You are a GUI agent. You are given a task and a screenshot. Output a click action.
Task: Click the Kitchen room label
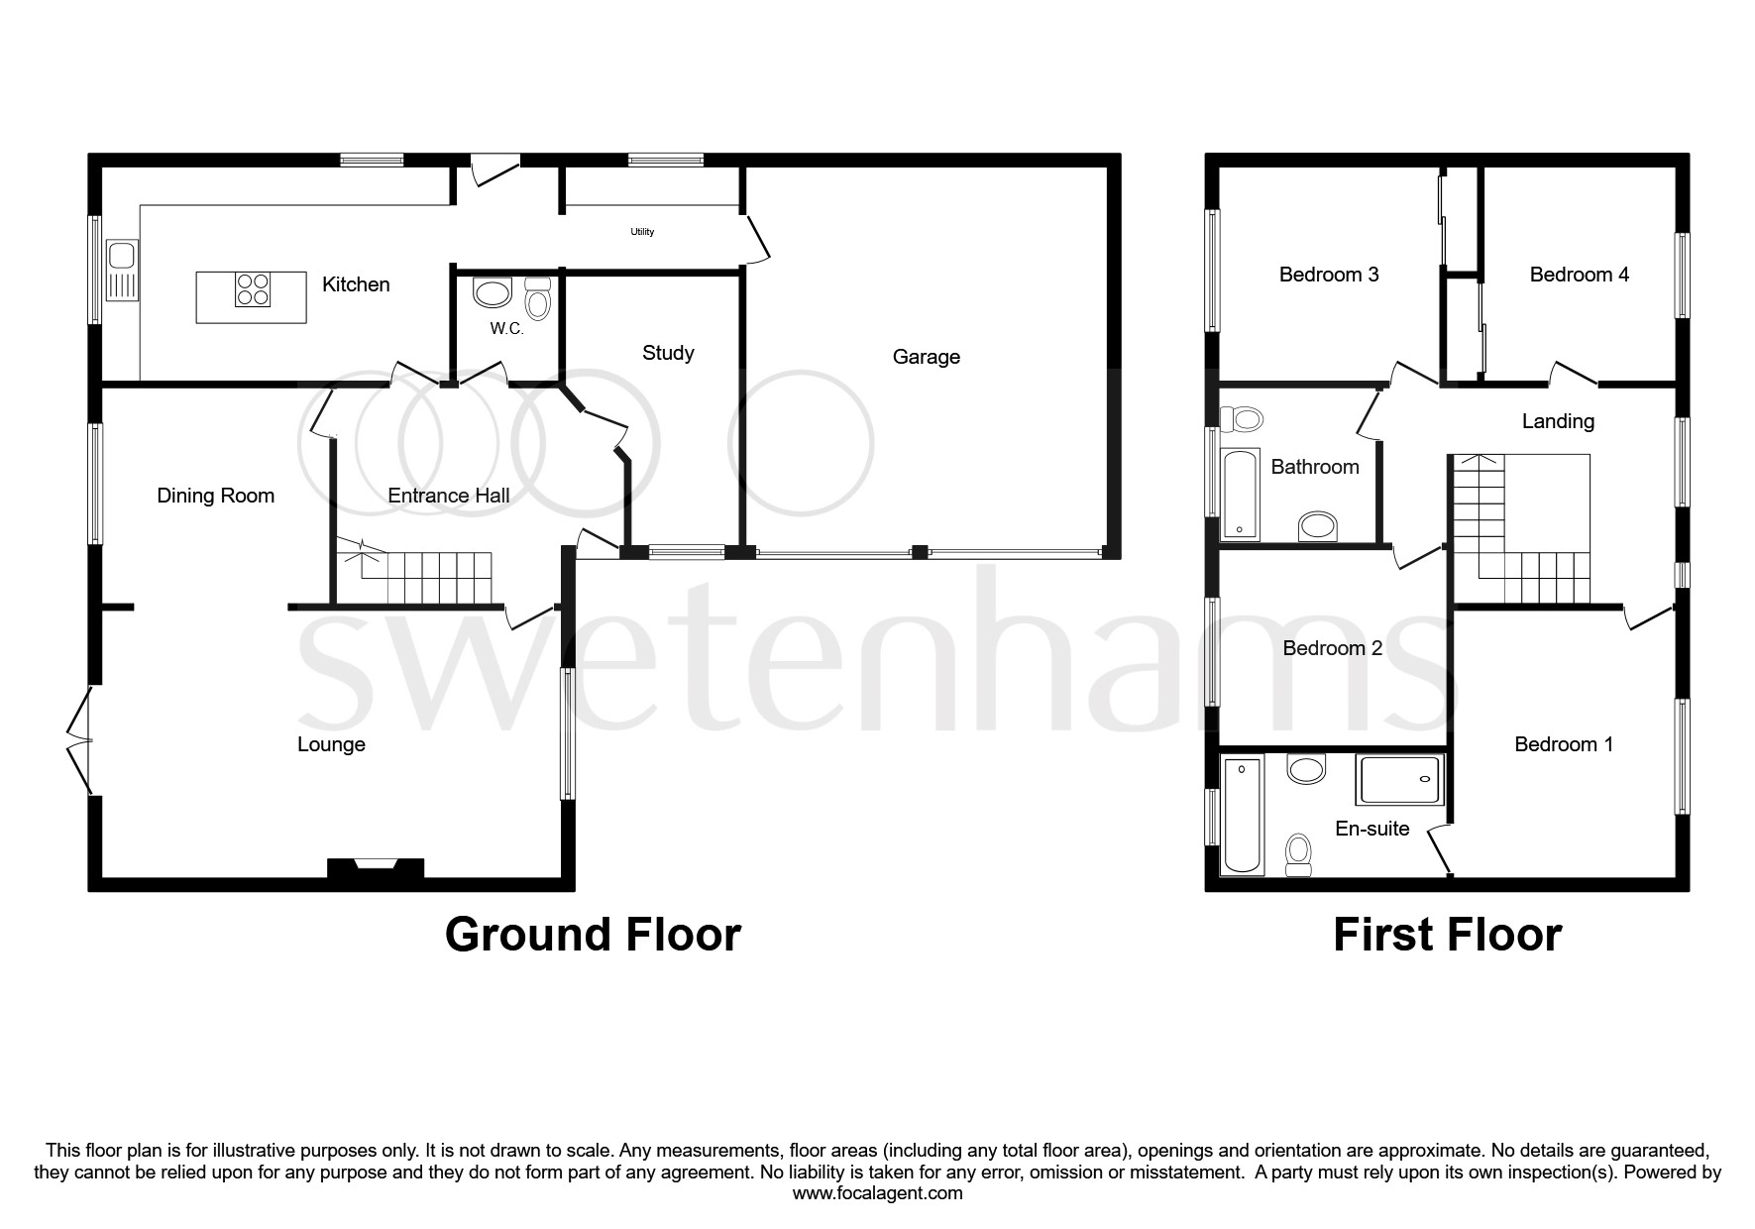[356, 284]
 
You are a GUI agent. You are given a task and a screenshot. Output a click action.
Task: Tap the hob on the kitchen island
[252, 288]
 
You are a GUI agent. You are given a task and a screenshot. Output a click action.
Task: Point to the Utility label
[642, 232]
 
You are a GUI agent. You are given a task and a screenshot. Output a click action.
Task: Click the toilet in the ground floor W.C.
[537, 297]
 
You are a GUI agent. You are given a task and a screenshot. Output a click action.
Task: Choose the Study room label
[667, 353]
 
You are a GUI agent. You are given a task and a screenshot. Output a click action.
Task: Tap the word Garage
[926, 357]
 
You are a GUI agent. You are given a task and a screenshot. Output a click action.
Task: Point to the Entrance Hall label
[448, 496]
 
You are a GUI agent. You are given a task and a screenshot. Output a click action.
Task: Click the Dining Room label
[215, 496]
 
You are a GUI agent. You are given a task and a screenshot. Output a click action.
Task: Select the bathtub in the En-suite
[1243, 816]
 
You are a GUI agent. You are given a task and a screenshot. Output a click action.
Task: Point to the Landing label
[1557, 421]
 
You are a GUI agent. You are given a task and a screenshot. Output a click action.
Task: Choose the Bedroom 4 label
[1579, 275]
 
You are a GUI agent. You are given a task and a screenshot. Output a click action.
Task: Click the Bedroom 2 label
[1332, 648]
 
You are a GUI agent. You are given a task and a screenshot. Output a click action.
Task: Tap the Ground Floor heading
[593, 935]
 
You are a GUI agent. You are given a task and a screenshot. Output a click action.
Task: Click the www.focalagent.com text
[877, 1193]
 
